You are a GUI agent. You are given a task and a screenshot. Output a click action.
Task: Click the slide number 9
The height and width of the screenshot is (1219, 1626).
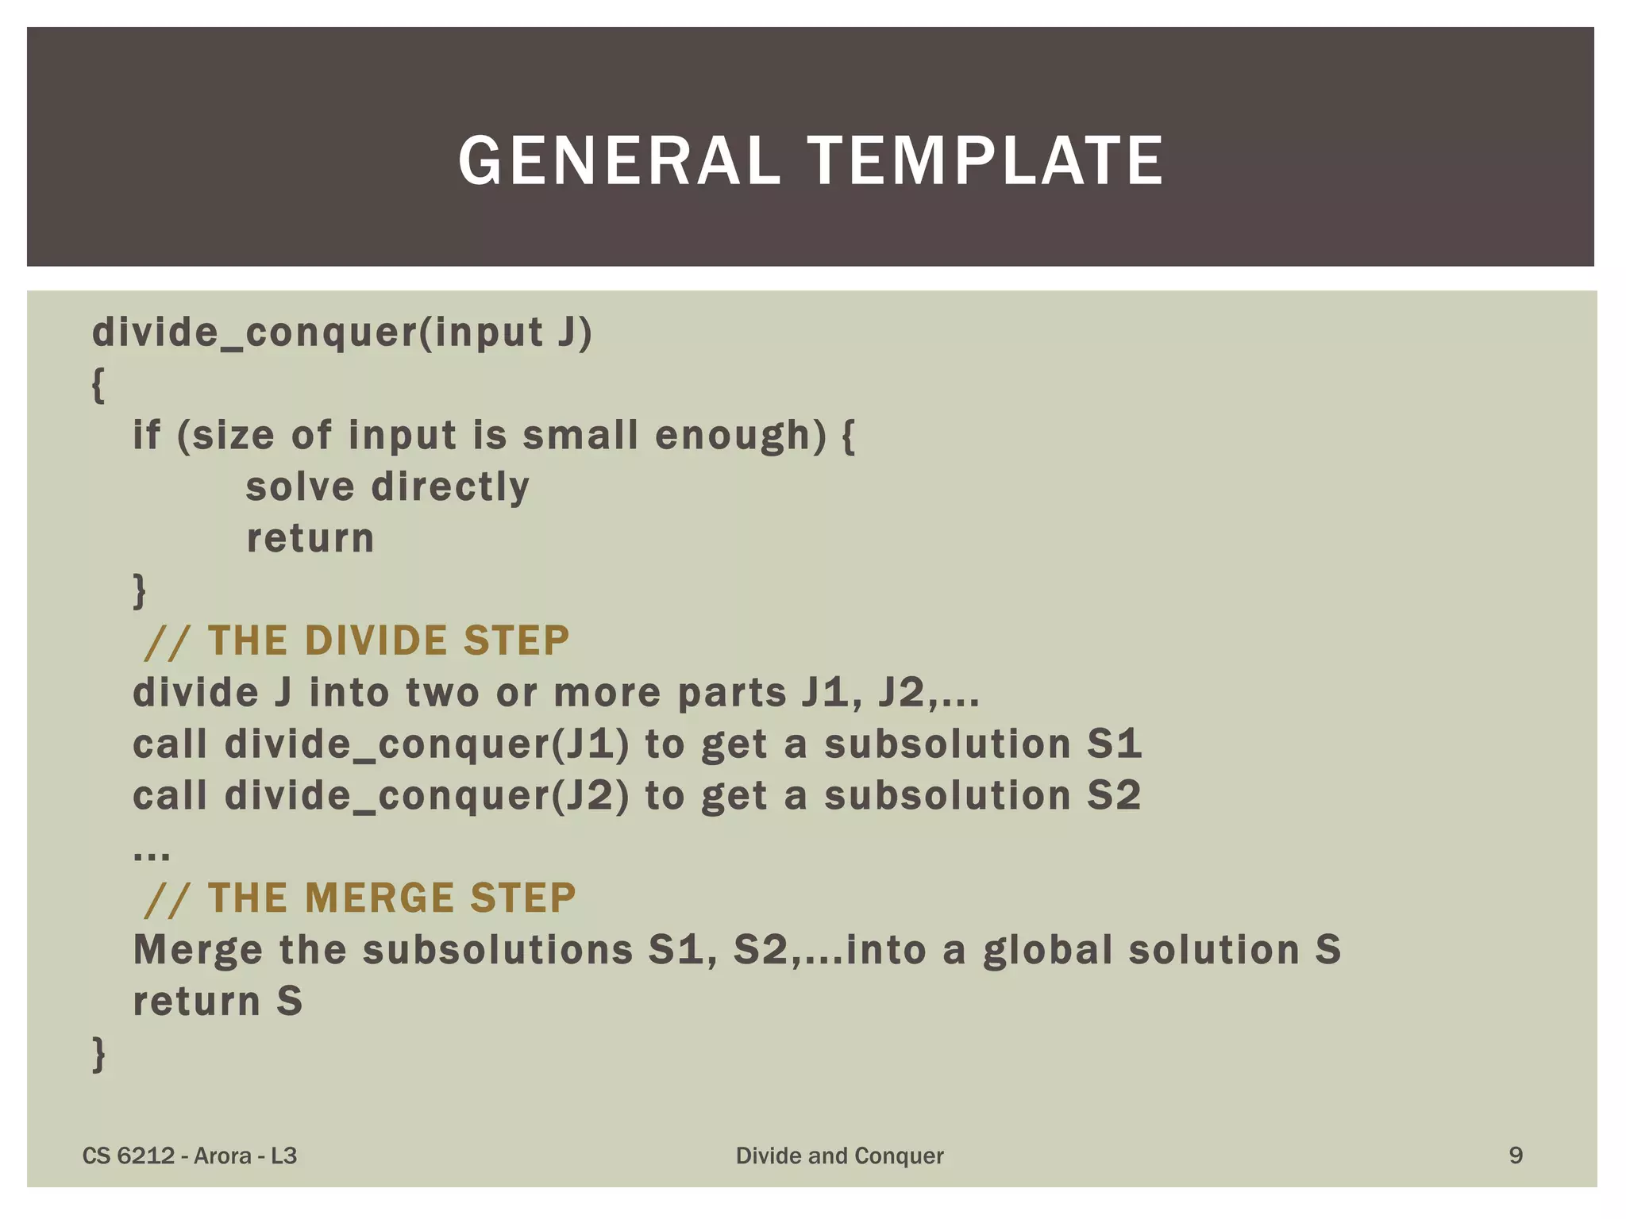pos(1515,1155)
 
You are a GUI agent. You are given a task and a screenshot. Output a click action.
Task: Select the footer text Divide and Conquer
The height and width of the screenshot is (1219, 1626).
pos(839,1156)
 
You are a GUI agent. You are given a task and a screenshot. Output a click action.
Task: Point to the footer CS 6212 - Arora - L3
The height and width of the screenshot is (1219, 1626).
pos(190,1156)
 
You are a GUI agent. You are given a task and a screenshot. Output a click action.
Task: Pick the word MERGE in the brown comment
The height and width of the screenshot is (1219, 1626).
pos(380,898)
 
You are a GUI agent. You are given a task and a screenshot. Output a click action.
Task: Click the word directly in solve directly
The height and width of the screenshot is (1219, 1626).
pos(450,486)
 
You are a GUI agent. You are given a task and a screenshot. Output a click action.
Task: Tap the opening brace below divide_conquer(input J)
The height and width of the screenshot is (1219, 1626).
pos(98,385)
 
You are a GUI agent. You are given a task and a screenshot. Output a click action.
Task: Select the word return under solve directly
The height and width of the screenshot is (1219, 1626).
pos(310,538)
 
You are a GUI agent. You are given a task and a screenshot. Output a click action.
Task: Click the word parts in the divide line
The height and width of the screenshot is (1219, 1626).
pos(731,693)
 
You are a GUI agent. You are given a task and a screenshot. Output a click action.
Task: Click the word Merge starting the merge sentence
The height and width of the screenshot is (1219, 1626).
pos(198,950)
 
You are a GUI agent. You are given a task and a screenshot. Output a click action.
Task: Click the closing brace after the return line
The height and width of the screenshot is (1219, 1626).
pos(140,590)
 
